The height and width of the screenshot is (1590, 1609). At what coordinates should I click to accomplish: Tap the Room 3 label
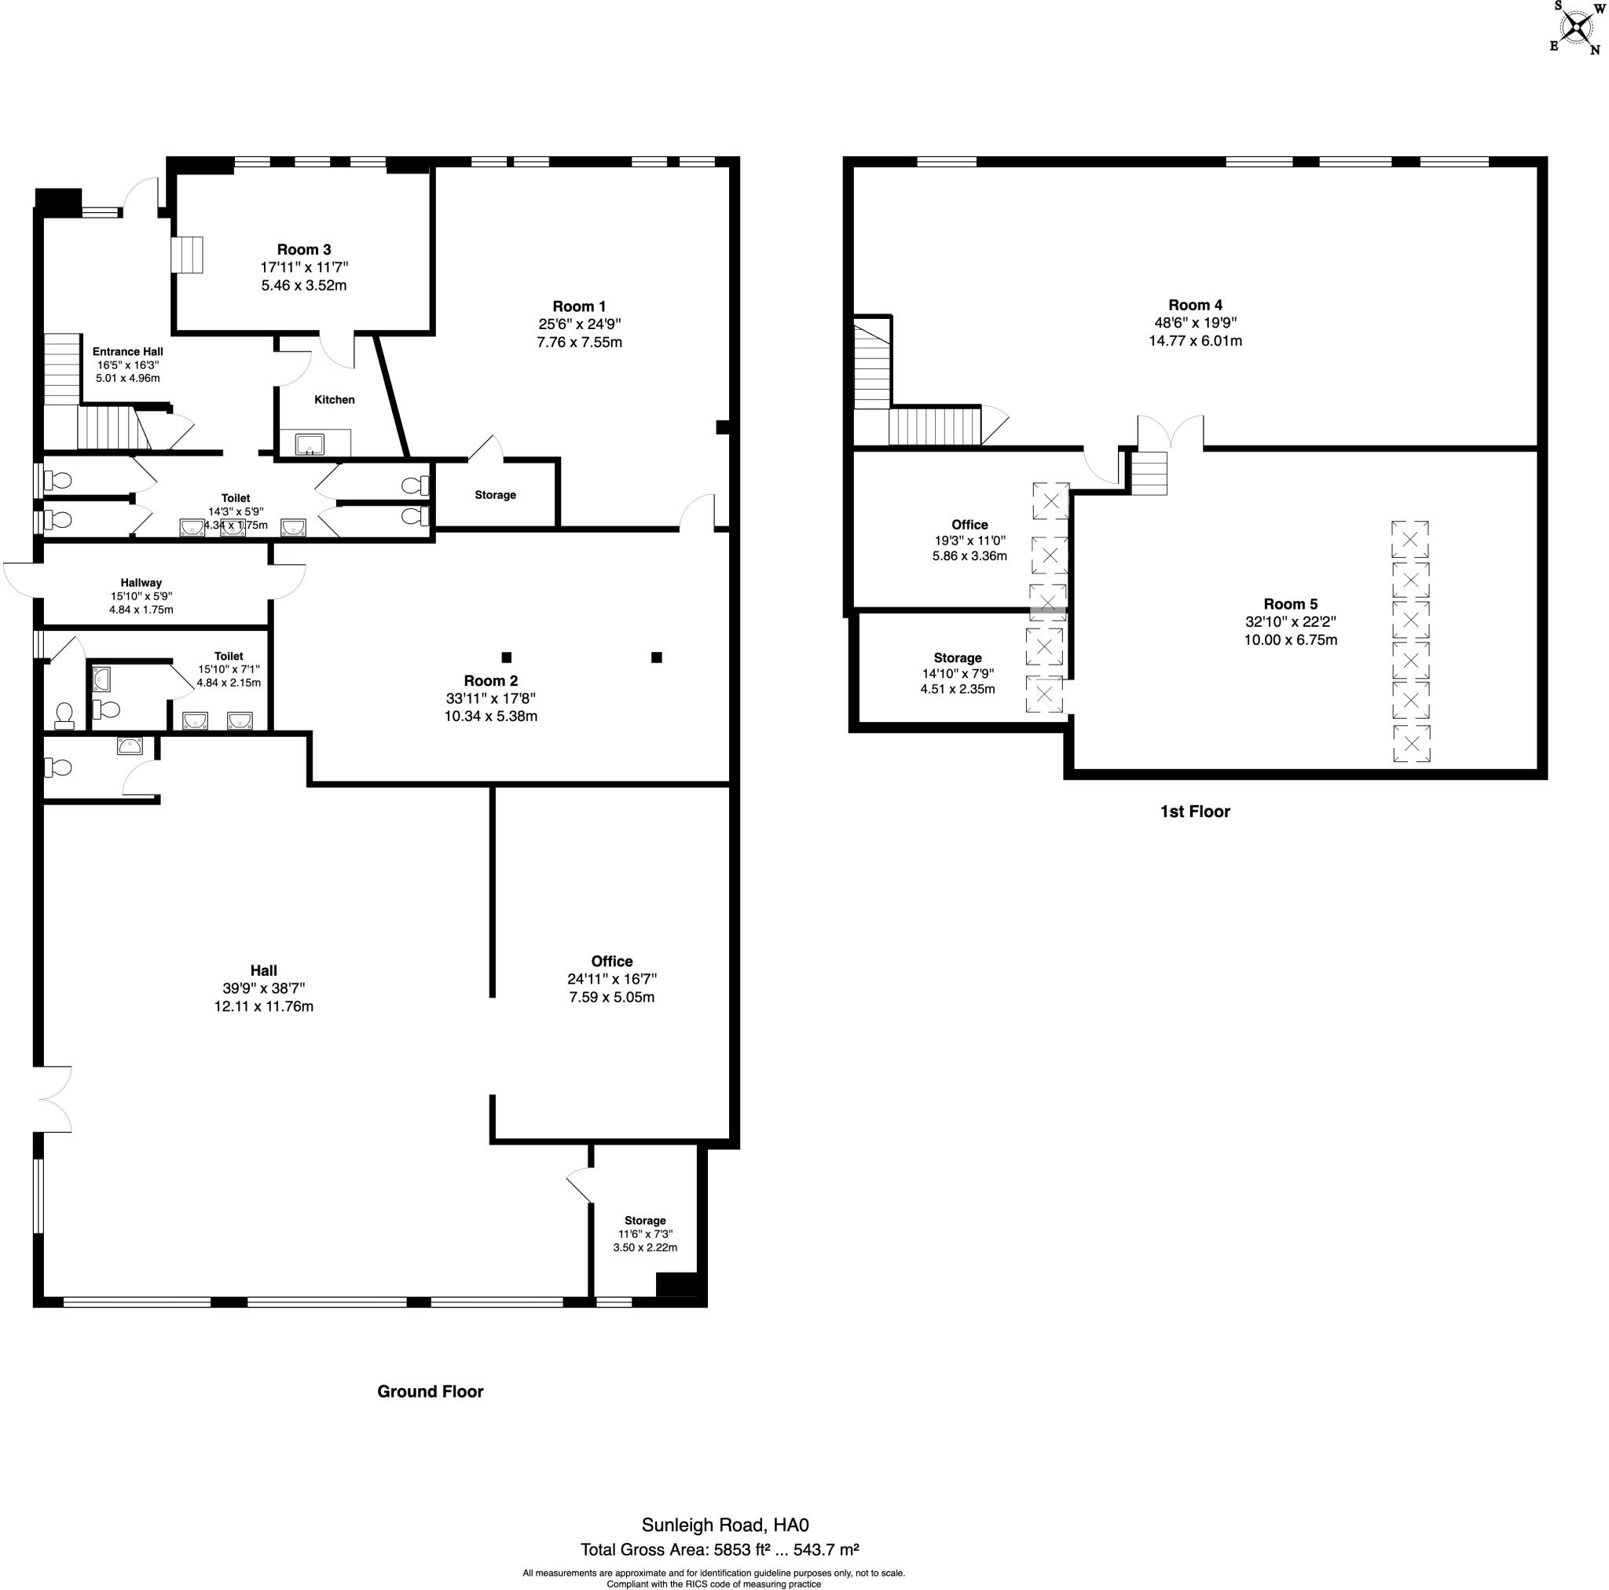click(304, 250)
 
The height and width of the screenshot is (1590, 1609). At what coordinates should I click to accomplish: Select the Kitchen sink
click(310, 444)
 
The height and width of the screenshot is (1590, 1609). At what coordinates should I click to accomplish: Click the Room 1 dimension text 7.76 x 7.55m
click(580, 343)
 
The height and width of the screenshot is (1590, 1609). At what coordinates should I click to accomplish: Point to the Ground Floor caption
click(430, 1392)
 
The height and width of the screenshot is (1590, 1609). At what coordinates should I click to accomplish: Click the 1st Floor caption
click(1194, 812)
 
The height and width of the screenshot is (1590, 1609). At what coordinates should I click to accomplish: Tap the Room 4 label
click(1195, 306)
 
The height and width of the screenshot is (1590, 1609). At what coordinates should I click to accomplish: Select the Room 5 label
click(1290, 605)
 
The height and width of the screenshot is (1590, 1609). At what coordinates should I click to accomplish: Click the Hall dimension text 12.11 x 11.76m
click(264, 1006)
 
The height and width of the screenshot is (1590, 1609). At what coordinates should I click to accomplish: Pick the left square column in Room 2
click(507, 658)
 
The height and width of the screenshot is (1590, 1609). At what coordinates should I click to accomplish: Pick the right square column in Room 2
click(656, 658)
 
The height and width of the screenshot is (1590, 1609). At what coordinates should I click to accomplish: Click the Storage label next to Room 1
click(496, 496)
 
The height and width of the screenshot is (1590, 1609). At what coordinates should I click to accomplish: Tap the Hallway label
click(141, 583)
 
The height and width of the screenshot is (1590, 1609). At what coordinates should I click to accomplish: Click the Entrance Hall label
click(127, 352)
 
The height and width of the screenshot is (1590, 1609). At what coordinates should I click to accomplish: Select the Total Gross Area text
click(720, 1550)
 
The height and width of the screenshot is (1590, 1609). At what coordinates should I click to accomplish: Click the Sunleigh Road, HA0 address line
click(724, 1525)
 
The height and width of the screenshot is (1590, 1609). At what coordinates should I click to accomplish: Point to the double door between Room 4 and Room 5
click(1170, 431)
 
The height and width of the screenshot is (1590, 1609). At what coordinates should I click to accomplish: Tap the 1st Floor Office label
click(969, 525)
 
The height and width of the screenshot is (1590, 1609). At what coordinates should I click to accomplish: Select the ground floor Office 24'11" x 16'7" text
click(611, 980)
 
